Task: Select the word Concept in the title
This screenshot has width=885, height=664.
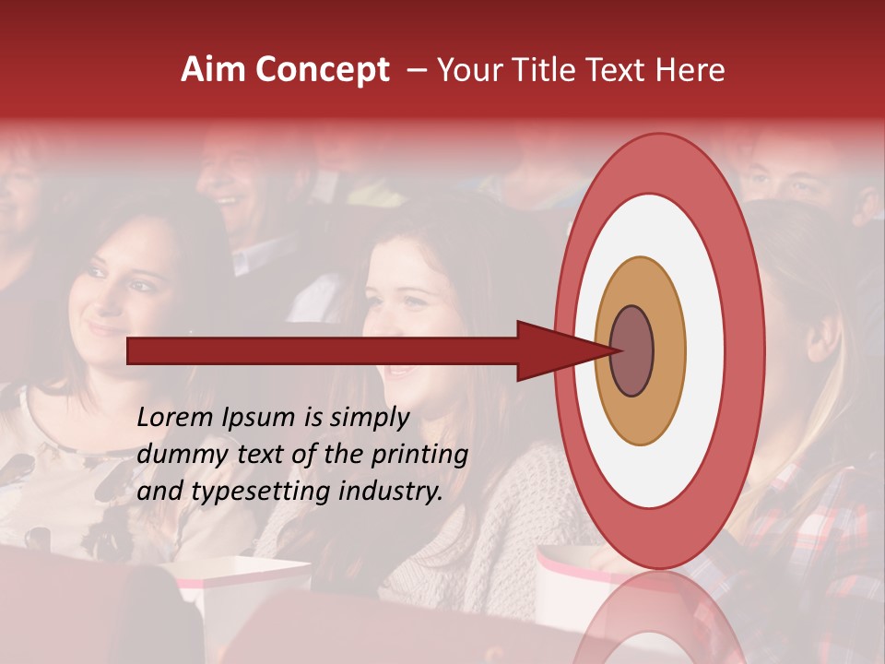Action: (x=321, y=70)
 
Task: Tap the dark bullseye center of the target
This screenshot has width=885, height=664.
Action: (x=632, y=351)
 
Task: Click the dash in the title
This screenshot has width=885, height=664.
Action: (x=416, y=70)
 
